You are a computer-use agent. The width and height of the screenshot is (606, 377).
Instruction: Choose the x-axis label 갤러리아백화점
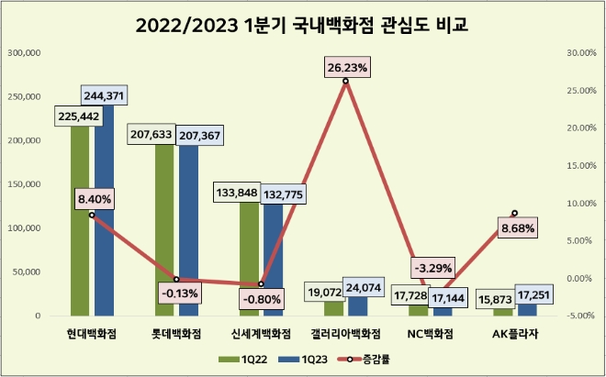pyautogui.click(x=345, y=333)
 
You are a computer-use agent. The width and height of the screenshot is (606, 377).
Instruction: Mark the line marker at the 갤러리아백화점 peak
pyautogui.click(x=345, y=82)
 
